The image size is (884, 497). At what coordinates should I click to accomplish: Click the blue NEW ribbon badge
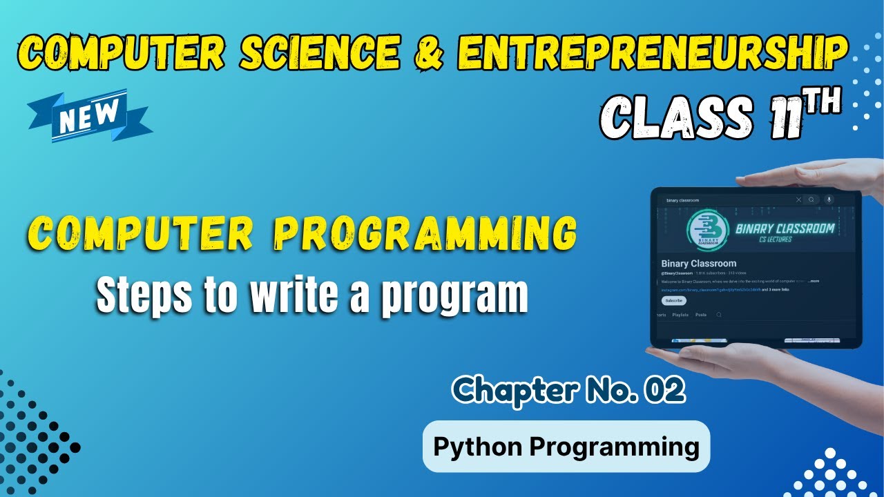[90, 115]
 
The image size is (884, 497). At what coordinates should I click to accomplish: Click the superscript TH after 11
[821, 102]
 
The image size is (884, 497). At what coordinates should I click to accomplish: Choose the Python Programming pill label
[566, 447]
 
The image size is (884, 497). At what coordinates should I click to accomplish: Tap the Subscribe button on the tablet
[673, 301]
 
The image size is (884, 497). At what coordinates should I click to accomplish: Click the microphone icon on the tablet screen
[829, 199]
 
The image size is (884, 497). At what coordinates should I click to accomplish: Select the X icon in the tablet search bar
[799, 199]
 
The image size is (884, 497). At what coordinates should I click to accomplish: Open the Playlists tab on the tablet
[680, 315]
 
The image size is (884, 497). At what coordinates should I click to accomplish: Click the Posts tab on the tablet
[700, 315]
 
